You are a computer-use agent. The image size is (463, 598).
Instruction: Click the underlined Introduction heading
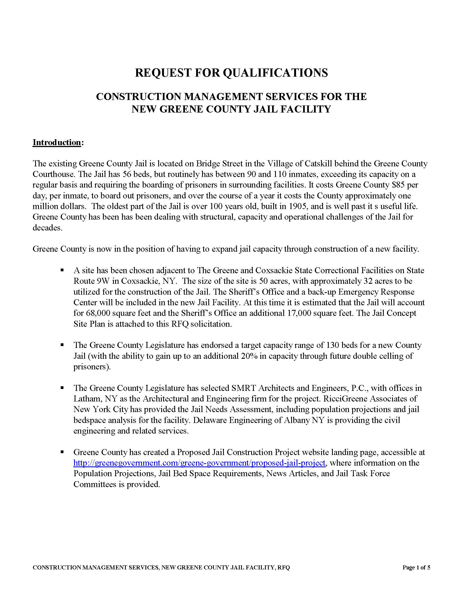pos(56,142)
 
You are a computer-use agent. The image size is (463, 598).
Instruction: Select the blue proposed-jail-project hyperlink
pos(199,463)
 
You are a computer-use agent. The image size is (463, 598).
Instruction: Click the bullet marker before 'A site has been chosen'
pos(62,270)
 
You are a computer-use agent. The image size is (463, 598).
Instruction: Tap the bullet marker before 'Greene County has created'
pos(62,452)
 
